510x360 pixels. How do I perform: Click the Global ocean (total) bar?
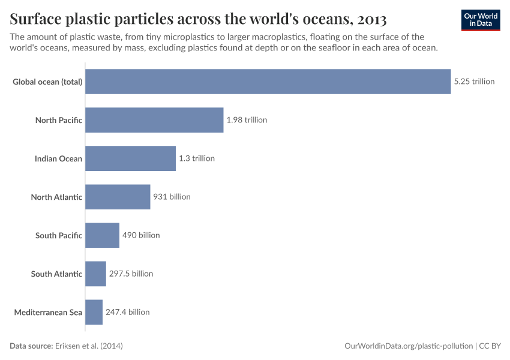coord(268,82)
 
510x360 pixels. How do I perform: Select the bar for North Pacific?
coord(154,120)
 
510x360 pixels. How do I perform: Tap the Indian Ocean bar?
coord(130,158)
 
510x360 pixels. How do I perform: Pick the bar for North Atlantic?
coord(118,197)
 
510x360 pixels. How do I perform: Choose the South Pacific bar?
coord(102,235)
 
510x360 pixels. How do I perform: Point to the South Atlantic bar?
coord(95,274)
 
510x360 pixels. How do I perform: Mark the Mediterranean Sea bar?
coord(94,312)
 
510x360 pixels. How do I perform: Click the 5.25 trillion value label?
coord(474,82)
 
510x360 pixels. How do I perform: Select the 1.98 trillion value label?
coord(247,120)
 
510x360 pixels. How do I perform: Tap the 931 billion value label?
coord(172,197)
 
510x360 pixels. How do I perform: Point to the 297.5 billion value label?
coord(131,274)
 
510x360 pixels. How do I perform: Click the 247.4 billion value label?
coord(128,312)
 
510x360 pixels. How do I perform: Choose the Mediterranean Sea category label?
coord(48,312)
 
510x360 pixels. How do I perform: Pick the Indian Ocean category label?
coord(58,158)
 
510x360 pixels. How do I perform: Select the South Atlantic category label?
coord(56,274)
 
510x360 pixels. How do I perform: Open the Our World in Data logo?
coord(481,20)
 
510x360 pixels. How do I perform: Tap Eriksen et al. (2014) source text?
coord(88,346)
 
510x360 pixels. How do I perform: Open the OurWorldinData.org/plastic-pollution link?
coord(409,346)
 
